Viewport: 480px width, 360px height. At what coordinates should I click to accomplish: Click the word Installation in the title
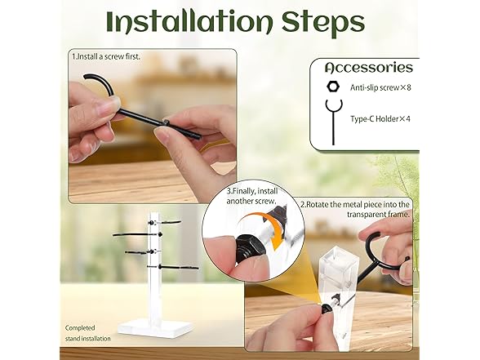coord(189,22)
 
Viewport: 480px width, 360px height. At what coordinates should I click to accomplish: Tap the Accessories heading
coord(369,68)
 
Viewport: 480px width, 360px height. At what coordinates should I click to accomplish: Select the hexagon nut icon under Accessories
coord(333,87)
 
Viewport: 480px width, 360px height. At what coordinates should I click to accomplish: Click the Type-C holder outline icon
coord(333,122)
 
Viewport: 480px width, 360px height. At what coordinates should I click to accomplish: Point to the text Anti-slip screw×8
coord(380,88)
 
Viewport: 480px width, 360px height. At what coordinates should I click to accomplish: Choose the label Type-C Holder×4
coord(380,119)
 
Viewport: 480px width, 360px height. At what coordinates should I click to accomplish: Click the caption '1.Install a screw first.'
coord(106,56)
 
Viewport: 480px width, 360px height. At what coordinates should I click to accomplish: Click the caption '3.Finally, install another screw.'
coord(252,196)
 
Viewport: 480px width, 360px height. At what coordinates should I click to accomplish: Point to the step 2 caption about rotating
coord(355,209)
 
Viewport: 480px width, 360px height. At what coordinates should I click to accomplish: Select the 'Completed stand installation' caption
coord(87,333)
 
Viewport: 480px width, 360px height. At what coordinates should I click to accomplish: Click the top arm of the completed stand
coord(165,221)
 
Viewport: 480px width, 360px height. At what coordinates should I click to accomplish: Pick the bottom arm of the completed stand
coord(173,267)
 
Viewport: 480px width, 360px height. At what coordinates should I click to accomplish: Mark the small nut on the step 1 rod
coord(166,122)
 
